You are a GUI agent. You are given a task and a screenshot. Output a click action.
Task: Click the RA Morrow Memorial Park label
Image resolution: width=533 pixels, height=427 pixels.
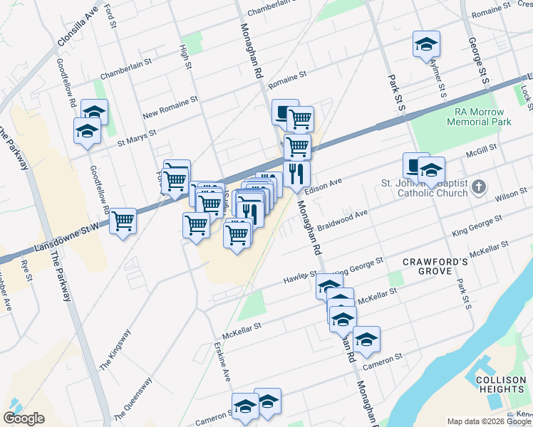pyautogui.click(x=479, y=117)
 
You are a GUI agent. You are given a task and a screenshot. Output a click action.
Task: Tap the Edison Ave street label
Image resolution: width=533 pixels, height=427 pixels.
pyautogui.click(x=323, y=184)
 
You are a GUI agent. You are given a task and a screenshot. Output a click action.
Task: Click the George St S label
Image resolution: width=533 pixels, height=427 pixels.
pyautogui.click(x=478, y=61)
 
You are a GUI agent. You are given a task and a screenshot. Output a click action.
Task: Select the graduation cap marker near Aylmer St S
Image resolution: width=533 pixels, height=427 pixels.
pyautogui.click(x=426, y=44)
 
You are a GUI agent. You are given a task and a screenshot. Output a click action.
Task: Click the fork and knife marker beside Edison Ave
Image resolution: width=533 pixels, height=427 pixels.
pyautogui.click(x=296, y=173)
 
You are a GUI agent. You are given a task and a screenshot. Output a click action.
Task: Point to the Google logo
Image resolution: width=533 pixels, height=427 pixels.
pyautogui.click(x=24, y=418)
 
